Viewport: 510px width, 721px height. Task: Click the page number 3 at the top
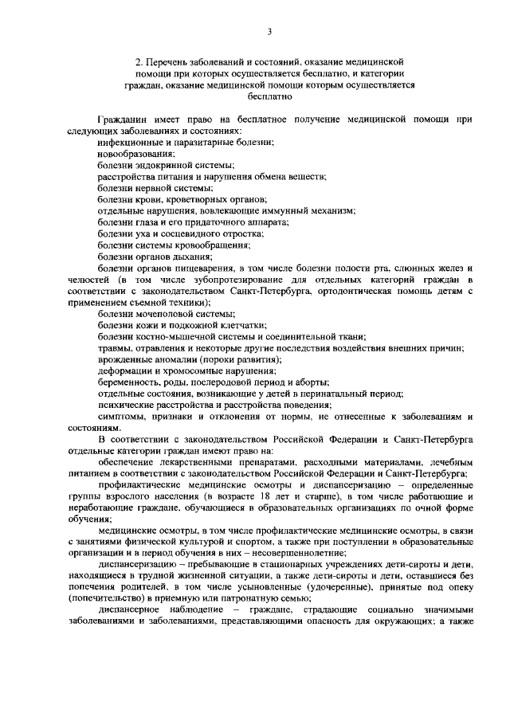coord(269,32)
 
